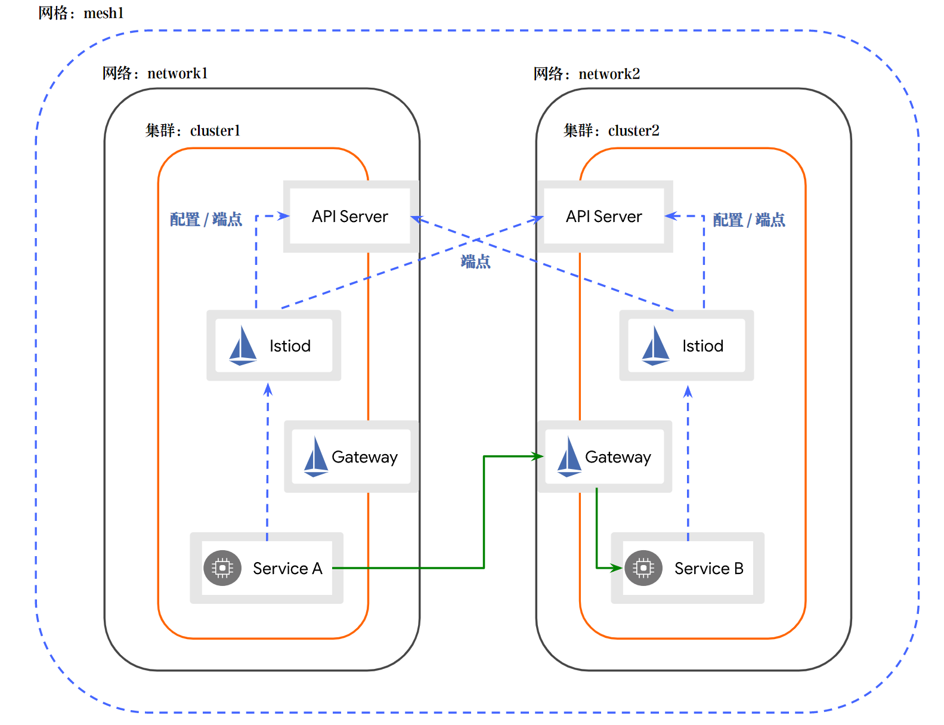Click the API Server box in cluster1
(350, 217)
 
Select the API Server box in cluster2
(604, 217)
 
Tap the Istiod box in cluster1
(274, 345)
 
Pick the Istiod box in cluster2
(686, 345)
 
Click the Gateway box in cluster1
(351, 456)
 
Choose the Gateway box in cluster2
(605, 456)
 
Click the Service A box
(267, 568)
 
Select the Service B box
(688, 568)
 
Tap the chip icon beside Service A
(222, 568)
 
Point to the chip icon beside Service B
(643, 568)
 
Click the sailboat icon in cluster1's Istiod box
(243, 346)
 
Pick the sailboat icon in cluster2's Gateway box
(569, 457)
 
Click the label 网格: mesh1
(81, 13)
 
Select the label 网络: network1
(155, 73)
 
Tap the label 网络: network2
(587, 74)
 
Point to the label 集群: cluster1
(193, 131)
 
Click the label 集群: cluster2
(611, 131)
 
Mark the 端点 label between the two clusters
(475, 262)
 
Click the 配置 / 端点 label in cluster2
(749, 220)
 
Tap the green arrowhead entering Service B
(617, 568)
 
